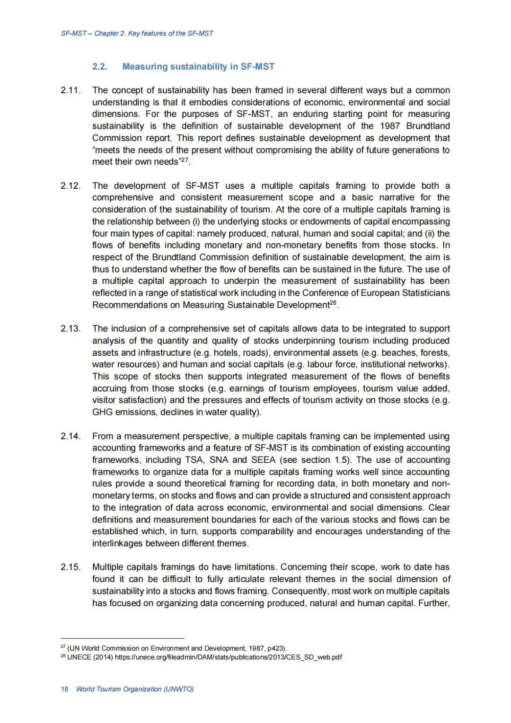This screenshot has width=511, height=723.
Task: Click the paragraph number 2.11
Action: point(70,90)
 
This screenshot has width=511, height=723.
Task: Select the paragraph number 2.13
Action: point(70,329)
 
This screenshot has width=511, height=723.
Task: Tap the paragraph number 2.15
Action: point(70,567)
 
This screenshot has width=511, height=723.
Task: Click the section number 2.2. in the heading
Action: point(100,67)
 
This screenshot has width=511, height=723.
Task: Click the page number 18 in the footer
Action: point(64,689)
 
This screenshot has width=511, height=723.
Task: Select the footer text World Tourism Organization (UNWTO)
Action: point(135,689)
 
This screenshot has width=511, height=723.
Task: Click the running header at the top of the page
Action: point(137,34)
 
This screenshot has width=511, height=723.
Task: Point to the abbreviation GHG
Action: point(101,412)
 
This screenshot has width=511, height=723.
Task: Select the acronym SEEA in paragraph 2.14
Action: point(263,460)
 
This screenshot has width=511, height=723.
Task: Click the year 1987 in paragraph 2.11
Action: point(390,126)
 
